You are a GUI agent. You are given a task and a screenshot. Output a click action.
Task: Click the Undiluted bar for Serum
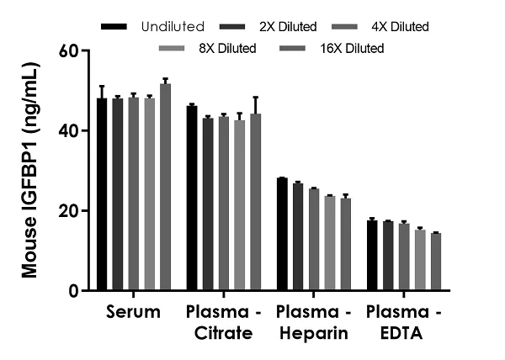[102, 194]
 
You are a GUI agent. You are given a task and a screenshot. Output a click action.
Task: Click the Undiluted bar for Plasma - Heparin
[282, 235]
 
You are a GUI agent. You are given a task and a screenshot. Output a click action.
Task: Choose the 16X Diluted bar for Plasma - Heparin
[346, 245]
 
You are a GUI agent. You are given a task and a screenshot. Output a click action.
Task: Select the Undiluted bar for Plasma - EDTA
[372, 256]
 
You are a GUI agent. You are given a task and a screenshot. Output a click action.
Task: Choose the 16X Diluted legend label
[353, 48]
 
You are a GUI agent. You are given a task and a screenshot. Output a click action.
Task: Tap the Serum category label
[134, 313]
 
